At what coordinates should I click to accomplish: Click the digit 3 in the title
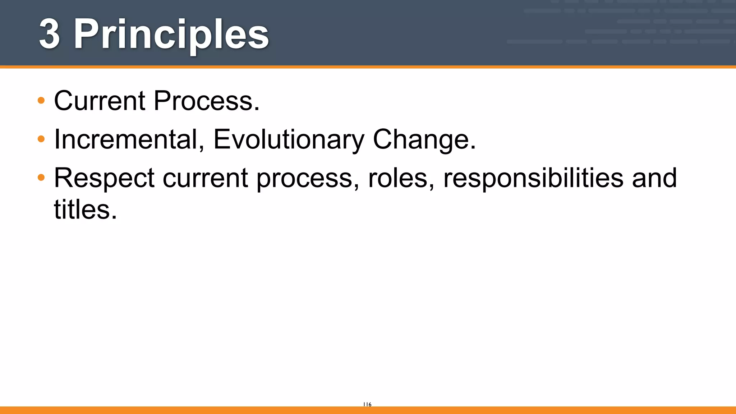(49, 34)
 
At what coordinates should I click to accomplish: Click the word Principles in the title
(171, 35)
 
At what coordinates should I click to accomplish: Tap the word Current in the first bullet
(100, 101)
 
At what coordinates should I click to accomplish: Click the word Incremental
(126, 139)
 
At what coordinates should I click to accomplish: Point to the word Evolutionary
(289, 139)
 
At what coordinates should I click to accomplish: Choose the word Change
(421, 139)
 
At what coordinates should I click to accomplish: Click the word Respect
(104, 178)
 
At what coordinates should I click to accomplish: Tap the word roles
(397, 178)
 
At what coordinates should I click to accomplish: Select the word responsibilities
(533, 178)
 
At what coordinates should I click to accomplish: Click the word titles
(82, 210)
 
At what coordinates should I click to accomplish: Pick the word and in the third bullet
(654, 178)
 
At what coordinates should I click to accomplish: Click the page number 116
(367, 404)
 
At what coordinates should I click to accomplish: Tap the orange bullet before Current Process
(41, 100)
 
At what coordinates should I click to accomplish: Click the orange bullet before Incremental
(41, 139)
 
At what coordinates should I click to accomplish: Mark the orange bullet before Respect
(41, 177)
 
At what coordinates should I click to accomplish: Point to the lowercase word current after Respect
(205, 178)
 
